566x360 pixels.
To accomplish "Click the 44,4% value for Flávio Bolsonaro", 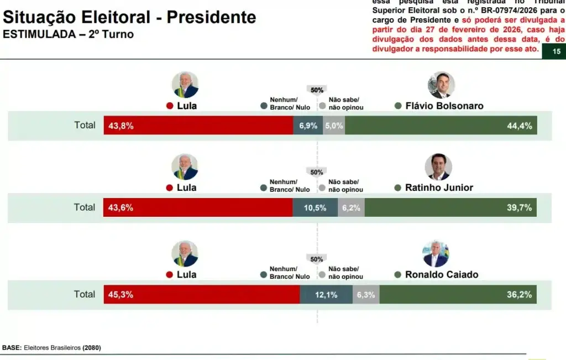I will coord(520,126).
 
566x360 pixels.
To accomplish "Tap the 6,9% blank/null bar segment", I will coord(308,126).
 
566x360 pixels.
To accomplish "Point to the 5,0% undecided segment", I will coord(334,126).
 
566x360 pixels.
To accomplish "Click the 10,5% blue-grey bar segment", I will coord(315,208).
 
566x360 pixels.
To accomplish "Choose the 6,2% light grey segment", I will coord(351,208).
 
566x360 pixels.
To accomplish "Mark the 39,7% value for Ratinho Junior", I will coord(520,208).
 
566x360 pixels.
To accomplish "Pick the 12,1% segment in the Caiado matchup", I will coord(326,295).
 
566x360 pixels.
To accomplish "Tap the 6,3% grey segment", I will coord(366,295).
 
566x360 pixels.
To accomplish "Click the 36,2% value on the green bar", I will coord(520,295).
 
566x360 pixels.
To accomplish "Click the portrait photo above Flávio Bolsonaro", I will coord(441,85).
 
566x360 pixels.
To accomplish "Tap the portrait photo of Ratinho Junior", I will coord(438,167).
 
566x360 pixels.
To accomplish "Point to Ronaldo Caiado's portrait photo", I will coord(436,254).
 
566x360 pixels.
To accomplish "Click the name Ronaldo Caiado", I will coord(441,275).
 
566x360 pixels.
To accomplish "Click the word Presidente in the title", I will coord(211,17).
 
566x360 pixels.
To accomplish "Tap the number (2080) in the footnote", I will coord(92,348).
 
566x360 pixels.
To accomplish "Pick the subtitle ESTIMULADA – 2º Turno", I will coord(68,34).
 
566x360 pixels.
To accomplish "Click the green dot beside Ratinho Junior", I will coord(398,188).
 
